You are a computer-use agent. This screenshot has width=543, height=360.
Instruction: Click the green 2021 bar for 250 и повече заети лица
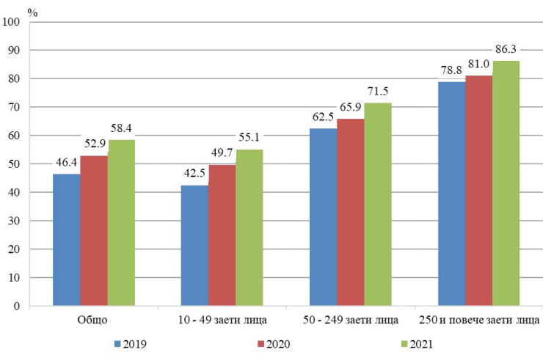tap(506, 183)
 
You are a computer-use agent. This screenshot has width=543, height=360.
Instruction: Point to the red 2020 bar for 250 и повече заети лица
tap(478, 190)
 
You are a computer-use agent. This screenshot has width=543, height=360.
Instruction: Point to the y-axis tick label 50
tap(14, 164)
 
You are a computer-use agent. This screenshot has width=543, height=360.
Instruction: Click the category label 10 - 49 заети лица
tap(222, 321)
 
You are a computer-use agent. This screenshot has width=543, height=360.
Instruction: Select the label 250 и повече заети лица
tap(478, 321)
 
